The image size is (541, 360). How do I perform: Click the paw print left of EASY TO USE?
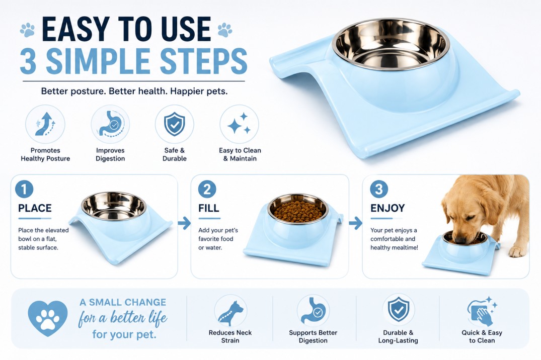coord(27,30)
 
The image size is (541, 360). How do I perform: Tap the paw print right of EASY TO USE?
coord(225,30)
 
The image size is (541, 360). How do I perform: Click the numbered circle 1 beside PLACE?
coord(24,189)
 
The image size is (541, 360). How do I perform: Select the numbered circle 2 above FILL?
coord(207,189)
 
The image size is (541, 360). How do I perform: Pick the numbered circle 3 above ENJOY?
coord(379,189)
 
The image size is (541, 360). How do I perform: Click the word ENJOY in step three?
coord(388,208)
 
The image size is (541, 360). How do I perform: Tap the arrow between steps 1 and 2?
coord(185,223)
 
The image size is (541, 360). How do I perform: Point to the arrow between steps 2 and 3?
coord(355,223)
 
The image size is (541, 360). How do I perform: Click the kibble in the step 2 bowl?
coord(297,210)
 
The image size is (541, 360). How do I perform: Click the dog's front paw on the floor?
coord(518,252)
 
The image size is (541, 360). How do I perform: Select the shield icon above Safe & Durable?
coord(174,124)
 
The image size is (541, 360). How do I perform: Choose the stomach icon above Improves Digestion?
coord(110,124)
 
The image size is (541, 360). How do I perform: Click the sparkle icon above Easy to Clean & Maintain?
coord(239,124)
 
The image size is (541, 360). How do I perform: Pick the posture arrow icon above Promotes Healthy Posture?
coord(45,124)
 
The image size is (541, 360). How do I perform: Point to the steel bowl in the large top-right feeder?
coord(391,44)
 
